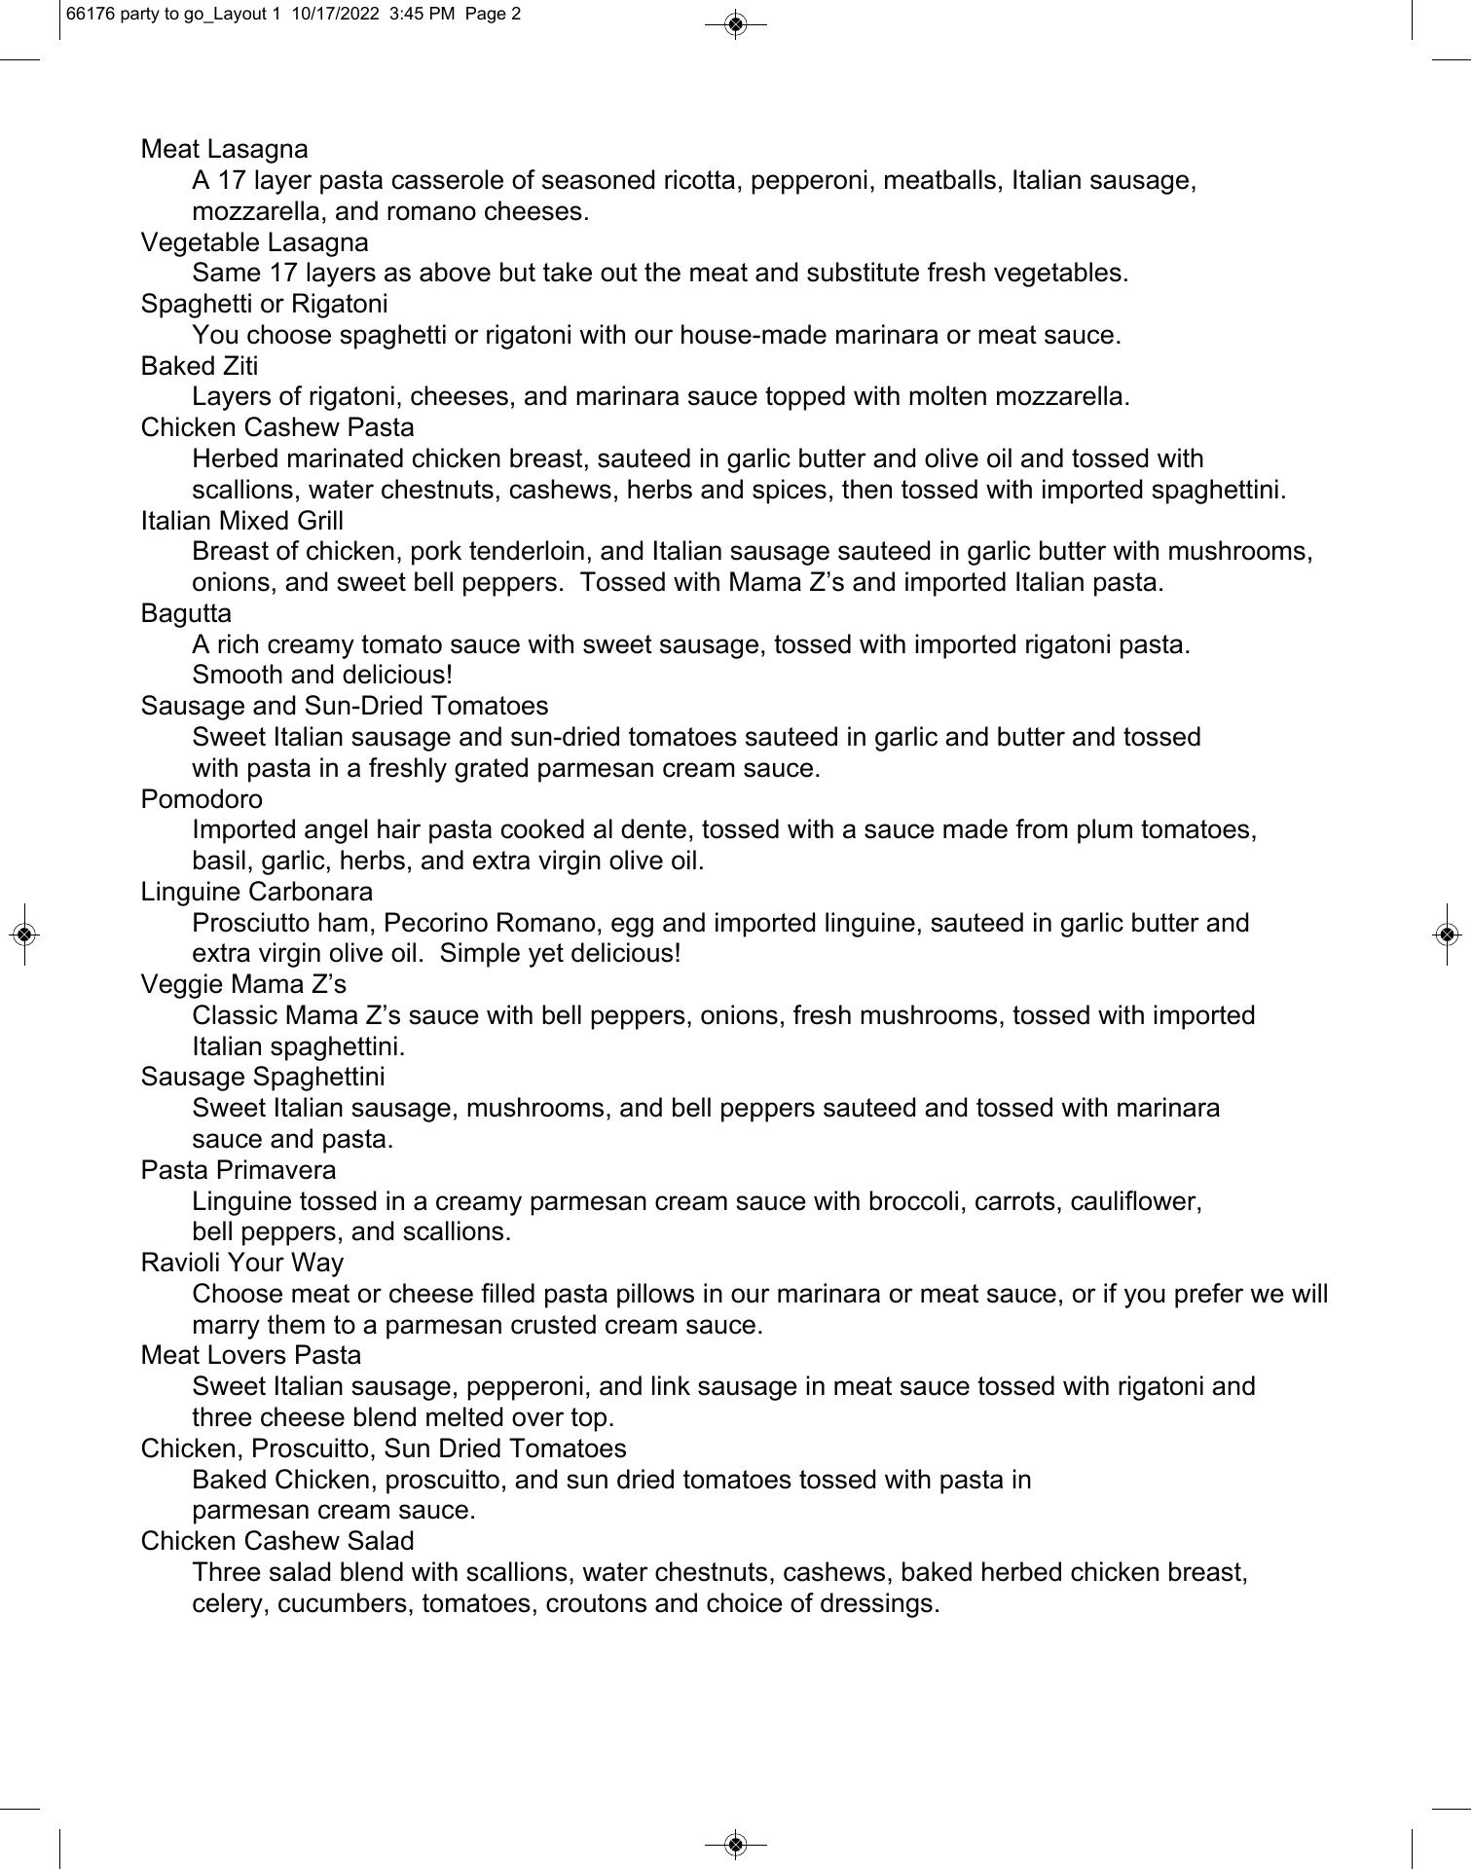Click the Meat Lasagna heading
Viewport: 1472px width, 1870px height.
(224, 149)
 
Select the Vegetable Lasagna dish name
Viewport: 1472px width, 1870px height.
(254, 242)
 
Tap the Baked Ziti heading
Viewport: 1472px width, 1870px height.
(200, 366)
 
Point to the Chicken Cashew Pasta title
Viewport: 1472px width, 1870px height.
(277, 427)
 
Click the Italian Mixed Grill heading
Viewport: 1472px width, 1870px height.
(241, 521)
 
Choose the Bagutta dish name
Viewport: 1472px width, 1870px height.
(186, 613)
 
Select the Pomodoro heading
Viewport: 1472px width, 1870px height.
(202, 799)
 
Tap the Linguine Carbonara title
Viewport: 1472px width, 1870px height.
(256, 892)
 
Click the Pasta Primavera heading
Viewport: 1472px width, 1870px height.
(239, 1170)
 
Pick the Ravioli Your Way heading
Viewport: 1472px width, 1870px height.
(241, 1263)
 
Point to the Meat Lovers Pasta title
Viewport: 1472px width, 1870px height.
(250, 1355)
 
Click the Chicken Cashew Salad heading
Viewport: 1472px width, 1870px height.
(277, 1541)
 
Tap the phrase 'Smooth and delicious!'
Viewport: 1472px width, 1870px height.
(322, 675)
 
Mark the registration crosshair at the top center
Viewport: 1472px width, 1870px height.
(736, 23)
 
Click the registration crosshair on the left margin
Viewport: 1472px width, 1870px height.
(25, 935)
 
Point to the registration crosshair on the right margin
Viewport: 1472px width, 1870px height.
(1447, 935)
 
